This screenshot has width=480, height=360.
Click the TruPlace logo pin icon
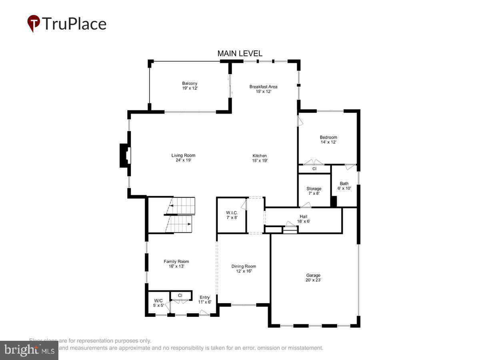point(34,23)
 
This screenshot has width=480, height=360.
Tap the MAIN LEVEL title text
point(240,53)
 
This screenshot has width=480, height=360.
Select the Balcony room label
point(190,86)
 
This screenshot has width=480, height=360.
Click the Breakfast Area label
point(263,89)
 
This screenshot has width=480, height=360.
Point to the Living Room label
point(183,158)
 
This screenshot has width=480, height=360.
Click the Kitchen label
point(259,158)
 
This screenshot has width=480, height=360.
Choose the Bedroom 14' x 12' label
point(328,140)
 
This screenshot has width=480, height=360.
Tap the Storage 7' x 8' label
point(314,191)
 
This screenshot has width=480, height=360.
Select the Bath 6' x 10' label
point(344,186)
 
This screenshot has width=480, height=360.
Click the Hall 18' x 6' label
point(303,218)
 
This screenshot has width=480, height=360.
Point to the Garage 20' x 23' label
point(313,278)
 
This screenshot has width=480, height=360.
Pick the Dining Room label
point(244,268)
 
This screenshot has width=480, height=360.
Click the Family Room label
point(176,264)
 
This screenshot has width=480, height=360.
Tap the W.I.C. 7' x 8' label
point(232,215)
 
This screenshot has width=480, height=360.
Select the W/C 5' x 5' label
point(158,303)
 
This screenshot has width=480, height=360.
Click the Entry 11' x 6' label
point(204,300)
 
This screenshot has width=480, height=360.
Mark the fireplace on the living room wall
point(125,156)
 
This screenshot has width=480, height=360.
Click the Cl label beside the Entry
point(180,296)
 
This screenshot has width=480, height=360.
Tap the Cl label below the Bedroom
point(314,169)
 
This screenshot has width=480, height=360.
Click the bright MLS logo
point(29,350)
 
